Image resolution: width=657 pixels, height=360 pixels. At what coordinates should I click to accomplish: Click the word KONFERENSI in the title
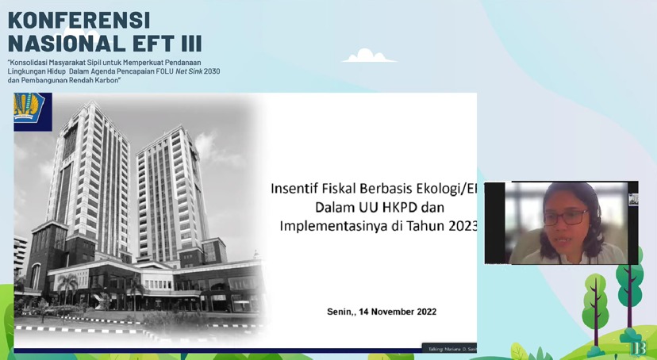pyautogui.click(x=79, y=19)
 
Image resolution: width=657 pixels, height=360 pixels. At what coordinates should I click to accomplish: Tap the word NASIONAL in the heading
pyautogui.click(x=60, y=44)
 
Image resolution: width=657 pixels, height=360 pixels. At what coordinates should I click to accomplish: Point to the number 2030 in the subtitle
pyautogui.click(x=210, y=71)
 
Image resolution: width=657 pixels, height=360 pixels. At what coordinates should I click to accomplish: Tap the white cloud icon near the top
pyautogui.click(x=368, y=56)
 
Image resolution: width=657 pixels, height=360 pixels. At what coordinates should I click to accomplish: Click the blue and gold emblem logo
pyautogui.click(x=32, y=111)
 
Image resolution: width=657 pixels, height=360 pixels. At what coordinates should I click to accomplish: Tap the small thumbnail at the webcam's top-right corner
pyautogui.click(x=633, y=200)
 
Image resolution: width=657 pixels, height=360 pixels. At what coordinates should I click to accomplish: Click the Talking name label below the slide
pyautogui.click(x=449, y=347)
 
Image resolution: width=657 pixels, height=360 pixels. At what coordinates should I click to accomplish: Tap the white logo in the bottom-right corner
pyautogui.click(x=640, y=348)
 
